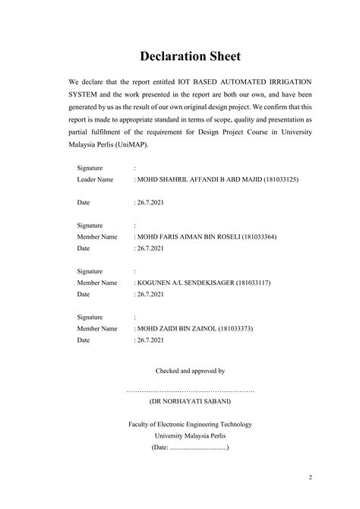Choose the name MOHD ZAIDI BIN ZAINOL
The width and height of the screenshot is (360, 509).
point(175,328)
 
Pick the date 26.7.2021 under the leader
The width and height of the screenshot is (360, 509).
point(150,203)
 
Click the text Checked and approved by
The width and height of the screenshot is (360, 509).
point(191,371)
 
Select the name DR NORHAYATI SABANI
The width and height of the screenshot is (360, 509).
point(191,400)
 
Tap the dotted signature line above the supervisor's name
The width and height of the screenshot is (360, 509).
point(191,389)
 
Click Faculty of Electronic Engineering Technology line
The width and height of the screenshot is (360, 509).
point(191,424)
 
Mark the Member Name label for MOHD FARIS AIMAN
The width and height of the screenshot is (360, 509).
point(97,237)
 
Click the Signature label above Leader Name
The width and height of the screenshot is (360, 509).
point(90,168)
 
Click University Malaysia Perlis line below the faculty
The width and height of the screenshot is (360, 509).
point(191,436)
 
